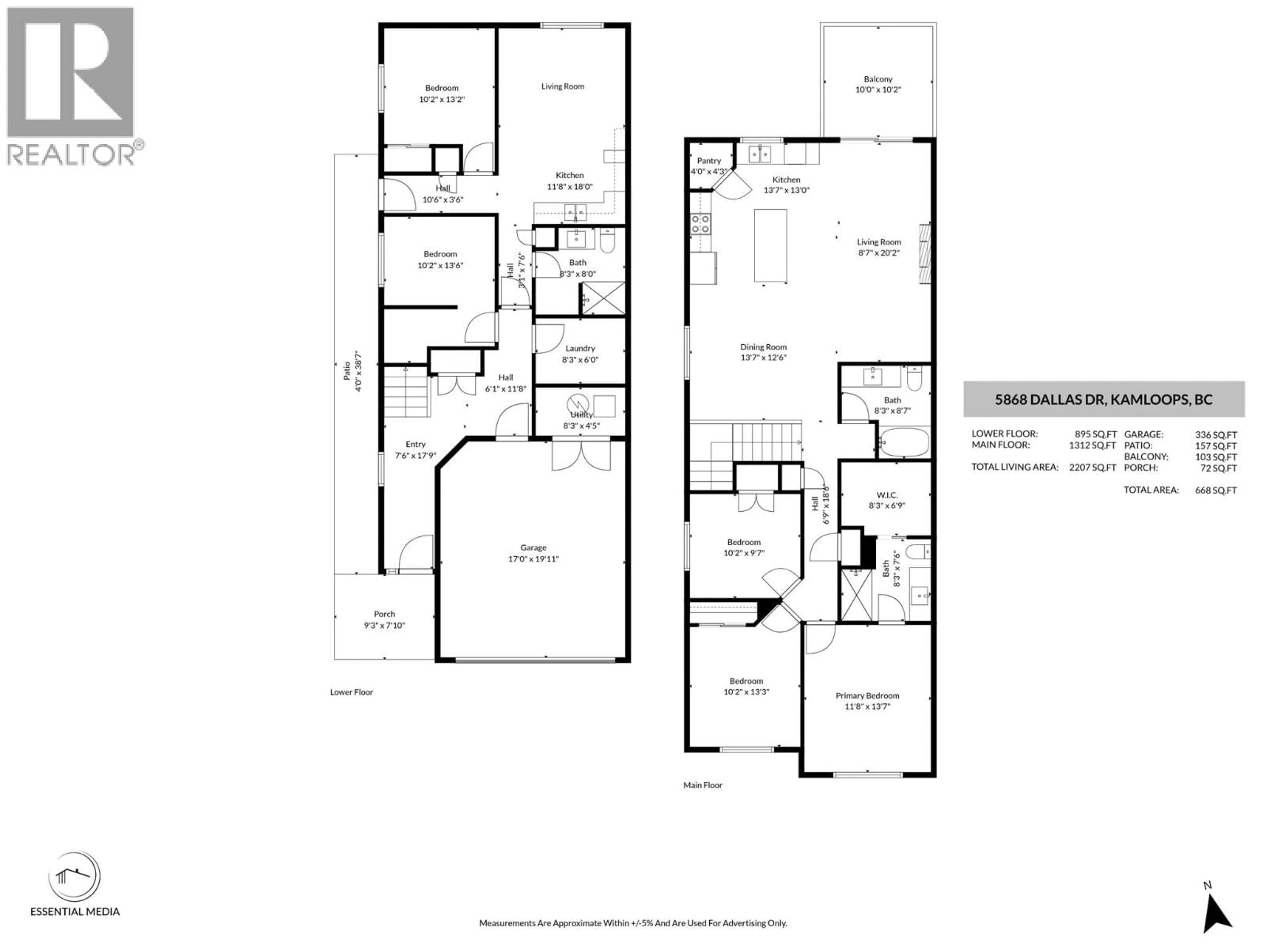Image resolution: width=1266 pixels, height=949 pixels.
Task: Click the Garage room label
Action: pyautogui.click(x=533, y=547)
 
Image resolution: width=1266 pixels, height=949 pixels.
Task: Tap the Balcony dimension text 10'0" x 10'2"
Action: pyautogui.click(x=878, y=90)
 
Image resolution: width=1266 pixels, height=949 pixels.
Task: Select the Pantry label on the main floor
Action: pyautogui.click(x=708, y=161)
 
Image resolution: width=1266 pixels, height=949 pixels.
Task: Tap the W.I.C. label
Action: pyautogui.click(x=887, y=495)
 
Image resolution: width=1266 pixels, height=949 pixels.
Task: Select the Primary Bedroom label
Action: pyautogui.click(x=867, y=696)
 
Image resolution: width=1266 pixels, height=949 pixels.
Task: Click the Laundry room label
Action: pyautogui.click(x=580, y=348)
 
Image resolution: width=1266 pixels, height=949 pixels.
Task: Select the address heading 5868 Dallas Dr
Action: pyautogui.click(x=1103, y=399)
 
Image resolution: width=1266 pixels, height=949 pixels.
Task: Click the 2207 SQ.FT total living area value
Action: pyautogui.click(x=1092, y=467)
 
